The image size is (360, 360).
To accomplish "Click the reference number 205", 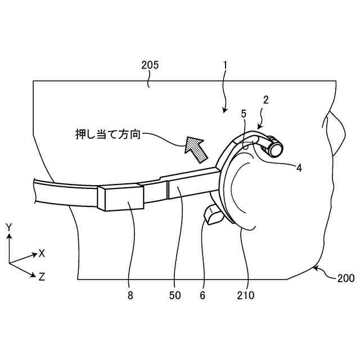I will click(x=150, y=65).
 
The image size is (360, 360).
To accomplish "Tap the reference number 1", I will click(x=224, y=65).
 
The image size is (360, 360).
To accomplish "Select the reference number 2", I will click(x=266, y=101).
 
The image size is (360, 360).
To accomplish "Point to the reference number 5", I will click(x=244, y=114).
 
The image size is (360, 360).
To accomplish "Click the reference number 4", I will click(x=299, y=167).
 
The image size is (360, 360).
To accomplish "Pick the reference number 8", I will click(x=131, y=295).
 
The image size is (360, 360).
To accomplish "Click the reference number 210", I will click(x=246, y=295).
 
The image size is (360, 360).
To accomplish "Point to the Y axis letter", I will click(x=9, y=227).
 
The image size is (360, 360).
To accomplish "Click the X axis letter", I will click(x=41, y=253).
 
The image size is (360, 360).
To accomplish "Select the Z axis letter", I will click(x=41, y=276).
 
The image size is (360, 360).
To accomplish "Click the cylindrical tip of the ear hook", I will click(x=275, y=148).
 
